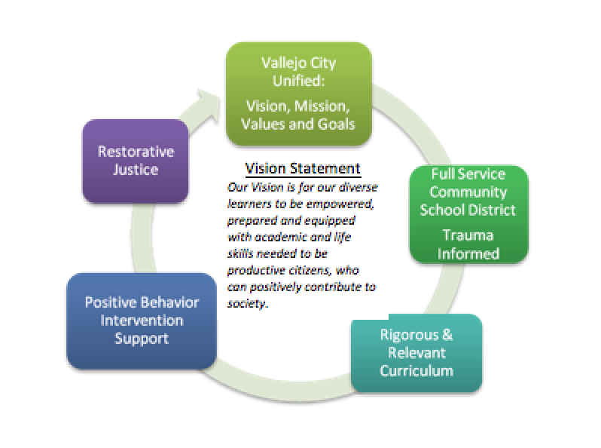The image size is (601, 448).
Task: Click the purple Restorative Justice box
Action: [135, 161]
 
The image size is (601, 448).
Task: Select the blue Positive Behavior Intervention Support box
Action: [141, 321]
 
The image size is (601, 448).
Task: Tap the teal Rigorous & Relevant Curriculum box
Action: [416, 352]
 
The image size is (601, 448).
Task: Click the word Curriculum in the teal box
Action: [416, 370]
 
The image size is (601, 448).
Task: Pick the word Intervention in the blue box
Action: [141, 321]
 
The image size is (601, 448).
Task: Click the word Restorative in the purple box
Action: [136, 152]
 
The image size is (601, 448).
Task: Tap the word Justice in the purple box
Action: [136, 170]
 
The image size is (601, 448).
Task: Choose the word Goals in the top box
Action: [337, 124]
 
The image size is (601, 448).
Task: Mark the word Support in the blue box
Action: [141, 339]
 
